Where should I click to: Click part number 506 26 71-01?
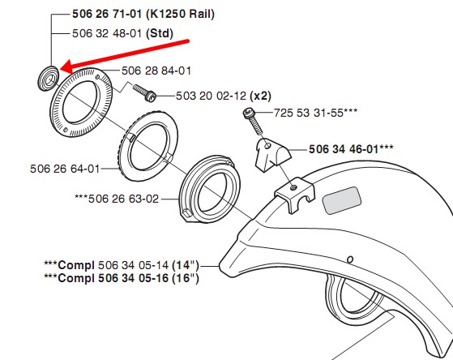tap(107, 14)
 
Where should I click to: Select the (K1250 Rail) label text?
tap(180, 14)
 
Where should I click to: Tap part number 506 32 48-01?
tap(107, 33)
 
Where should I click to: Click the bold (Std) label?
tap(160, 33)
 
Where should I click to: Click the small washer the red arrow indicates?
tap(49, 78)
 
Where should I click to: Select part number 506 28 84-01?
tap(156, 71)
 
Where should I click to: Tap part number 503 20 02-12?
tap(211, 96)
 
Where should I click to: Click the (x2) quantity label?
tap(260, 96)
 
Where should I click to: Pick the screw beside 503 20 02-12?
tap(145, 92)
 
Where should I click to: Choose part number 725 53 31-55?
tap(309, 113)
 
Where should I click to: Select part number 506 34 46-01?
tap(344, 149)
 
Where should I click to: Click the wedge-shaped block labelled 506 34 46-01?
tap(272, 155)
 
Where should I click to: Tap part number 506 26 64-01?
tap(65, 169)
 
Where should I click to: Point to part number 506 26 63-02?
tap(124, 199)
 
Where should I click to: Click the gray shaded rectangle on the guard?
tap(342, 200)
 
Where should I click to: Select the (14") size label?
tap(186, 265)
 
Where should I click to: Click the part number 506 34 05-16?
tap(134, 278)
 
